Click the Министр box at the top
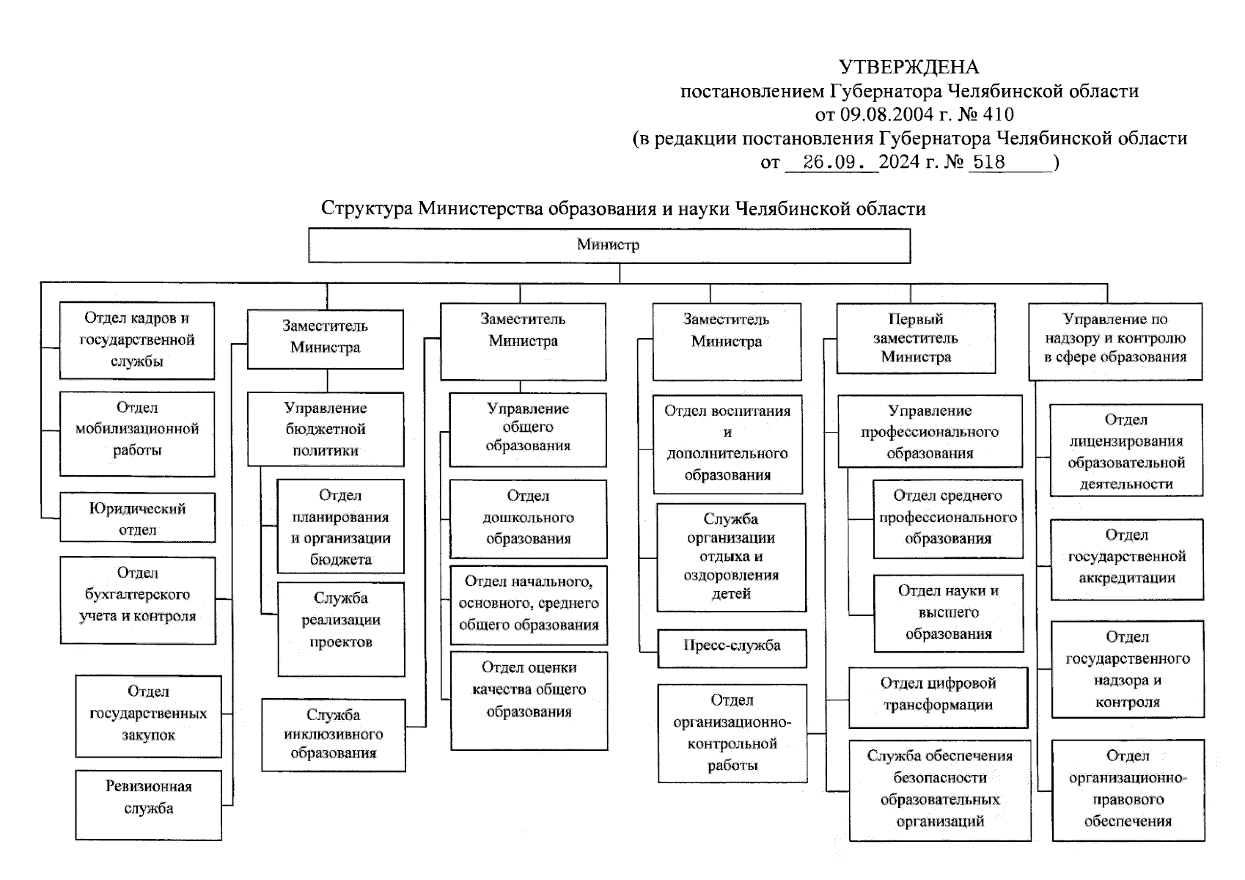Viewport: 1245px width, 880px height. pyautogui.click(x=609, y=246)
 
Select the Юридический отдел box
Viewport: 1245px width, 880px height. pyautogui.click(x=138, y=518)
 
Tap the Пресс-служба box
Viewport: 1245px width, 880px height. pyautogui.click(x=732, y=648)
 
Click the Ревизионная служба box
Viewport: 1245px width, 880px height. pyautogui.click(x=148, y=804)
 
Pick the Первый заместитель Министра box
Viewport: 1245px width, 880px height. pyautogui.click(x=916, y=339)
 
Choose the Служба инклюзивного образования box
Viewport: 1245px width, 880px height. pyautogui.click(x=333, y=735)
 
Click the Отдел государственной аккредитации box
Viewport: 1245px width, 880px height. pyautogui.click(x=1127, y=559)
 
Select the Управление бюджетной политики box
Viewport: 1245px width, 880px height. pyautogui.click(x=326, y=430)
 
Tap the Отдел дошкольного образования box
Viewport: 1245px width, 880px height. pyautogui.click(x=528, y=518)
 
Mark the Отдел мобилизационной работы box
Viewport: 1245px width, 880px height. pyautogui.click(x=137, y=433)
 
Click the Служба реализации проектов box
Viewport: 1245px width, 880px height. pyautogui.click(x=341, y=628)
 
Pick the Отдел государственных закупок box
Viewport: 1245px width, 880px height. pyautogui.click(x=148, y=716)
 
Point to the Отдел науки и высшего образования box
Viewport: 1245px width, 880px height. pyautogui.click(x=948, y=613)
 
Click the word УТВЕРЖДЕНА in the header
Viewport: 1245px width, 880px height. pyautogui.click(x=908, y=67)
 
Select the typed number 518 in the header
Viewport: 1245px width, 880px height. pyautogui.click(x=988, y=162)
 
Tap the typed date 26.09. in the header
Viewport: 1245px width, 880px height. pyautogui.click(x=831, y=162)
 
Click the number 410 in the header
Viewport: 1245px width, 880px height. pyautogui.click(x=997, y=114)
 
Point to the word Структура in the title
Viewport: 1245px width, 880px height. pyautogui.click(x=367, y=209)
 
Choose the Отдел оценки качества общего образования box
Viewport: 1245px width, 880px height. pyautogui.click(x=529, y=700)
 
